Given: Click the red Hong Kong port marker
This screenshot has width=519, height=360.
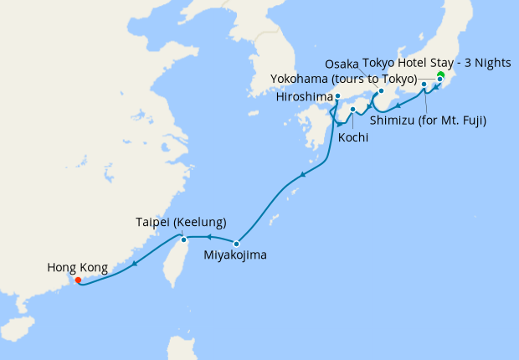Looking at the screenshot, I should tap(78, 280).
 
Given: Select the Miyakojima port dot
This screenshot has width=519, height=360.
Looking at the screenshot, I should tap(237, 244).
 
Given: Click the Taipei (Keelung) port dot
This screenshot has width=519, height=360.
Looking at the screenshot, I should tap(184, 240).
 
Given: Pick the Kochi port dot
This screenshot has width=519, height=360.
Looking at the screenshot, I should tap(353, 109).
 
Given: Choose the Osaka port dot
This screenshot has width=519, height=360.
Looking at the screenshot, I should tap(381, 90).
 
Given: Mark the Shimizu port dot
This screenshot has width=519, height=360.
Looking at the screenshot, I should tap(424, 85).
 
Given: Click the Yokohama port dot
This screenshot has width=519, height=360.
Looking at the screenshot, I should tap(439, 80).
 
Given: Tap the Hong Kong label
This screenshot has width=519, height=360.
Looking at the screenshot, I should tap(77, 268).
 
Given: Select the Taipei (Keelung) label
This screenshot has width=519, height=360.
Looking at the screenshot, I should tap(181, 223).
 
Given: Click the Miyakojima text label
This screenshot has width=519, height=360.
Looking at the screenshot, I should tap(235, 255).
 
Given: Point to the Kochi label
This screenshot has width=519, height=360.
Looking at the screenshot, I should tap(354, 136).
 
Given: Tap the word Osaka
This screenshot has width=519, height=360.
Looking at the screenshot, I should tap(341, 64).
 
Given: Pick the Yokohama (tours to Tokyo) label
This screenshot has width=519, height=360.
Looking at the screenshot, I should tap(344, 79).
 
